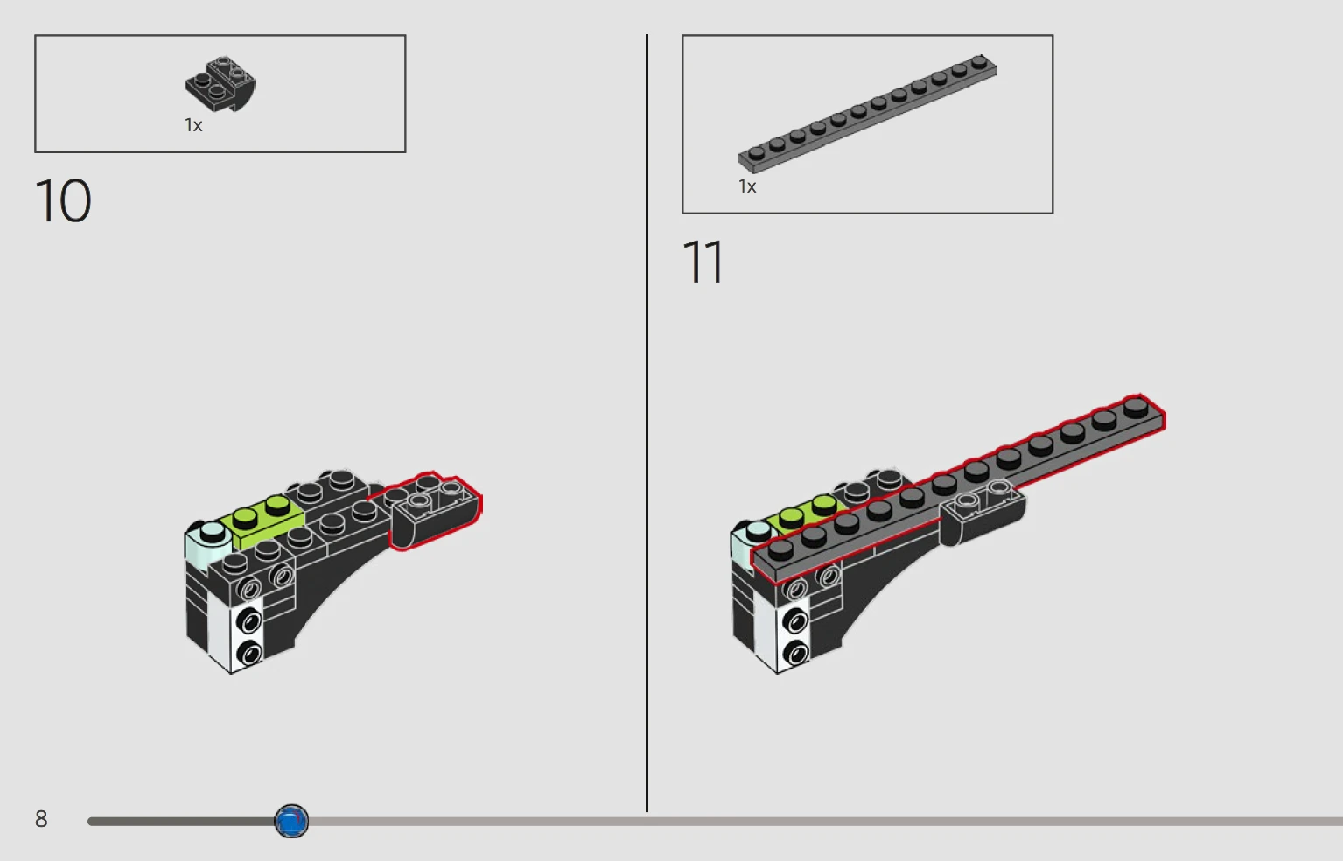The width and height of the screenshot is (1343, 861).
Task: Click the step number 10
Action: click(x=63, y=200)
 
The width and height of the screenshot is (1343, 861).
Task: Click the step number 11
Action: click(x=703, y=262)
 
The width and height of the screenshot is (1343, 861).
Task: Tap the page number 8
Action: click(x=41, y=818)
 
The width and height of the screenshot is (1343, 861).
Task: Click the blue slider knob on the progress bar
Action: click(x=291, y=821)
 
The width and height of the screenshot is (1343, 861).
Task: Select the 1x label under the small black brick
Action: click(x=193, y=125)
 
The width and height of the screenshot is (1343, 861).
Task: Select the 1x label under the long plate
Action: click(x=747, y=186)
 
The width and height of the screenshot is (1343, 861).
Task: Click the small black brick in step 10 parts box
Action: click(x=220, y=84)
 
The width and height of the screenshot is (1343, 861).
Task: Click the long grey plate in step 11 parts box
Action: click(x=868, y=114)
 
